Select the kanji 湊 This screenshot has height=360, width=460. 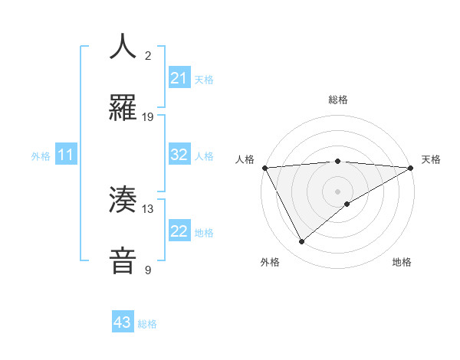(123, 200)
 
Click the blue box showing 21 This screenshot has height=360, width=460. (179, 78)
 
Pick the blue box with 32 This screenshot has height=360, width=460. (179, 155)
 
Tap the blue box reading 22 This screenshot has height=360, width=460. (179, 231)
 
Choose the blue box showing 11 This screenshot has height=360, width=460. (66, 155)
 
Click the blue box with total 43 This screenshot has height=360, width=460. (123, 322)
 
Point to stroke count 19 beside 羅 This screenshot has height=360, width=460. (148, 117)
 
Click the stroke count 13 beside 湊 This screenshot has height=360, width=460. (148, 208)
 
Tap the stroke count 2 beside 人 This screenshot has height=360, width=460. (148, 55)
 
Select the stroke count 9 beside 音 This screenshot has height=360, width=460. (148, 270)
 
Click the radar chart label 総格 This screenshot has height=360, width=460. (338, 100)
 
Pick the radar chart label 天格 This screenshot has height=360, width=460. (431, 159)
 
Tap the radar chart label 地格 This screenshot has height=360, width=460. (402, 262)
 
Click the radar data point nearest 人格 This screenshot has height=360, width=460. (264, 168)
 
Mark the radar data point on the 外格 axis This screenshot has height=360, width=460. (301, 242)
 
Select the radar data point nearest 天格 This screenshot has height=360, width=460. (411, 168)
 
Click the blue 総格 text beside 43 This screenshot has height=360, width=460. (147, 324)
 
